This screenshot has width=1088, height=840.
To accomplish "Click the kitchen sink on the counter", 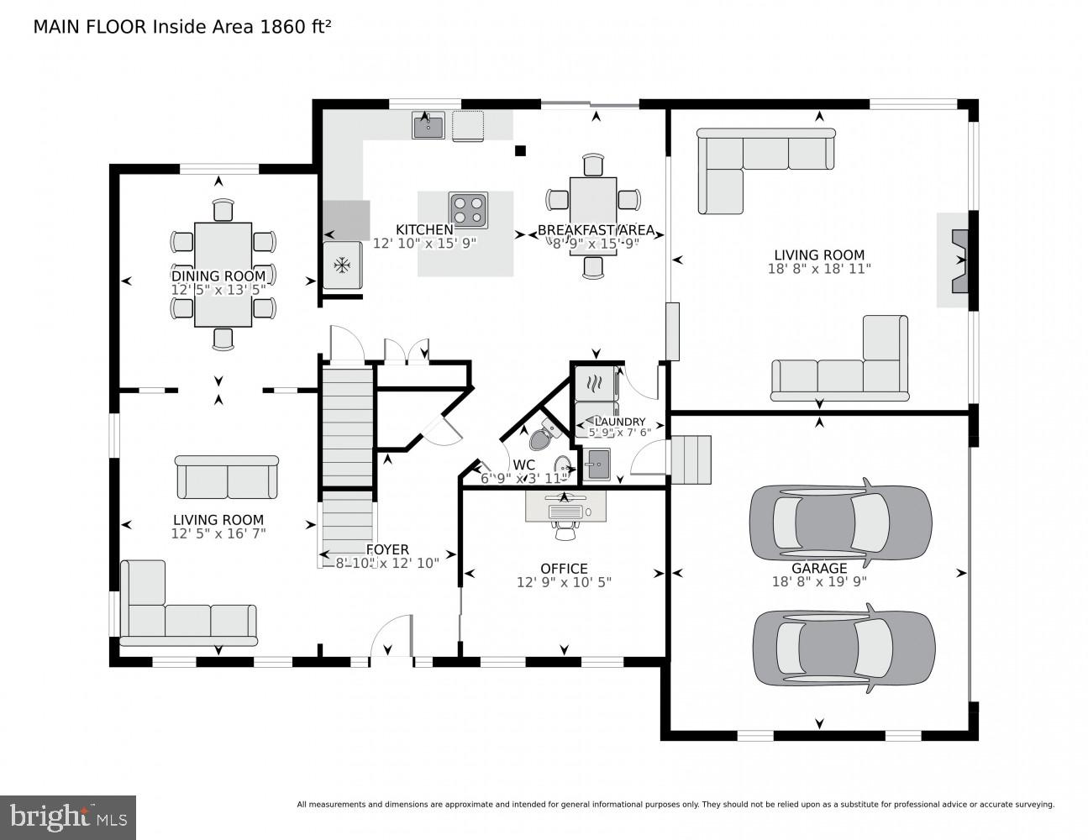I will pyautogui.click(x=428, y=126).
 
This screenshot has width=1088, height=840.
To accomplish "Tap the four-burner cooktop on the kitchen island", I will pyautogui.click(x=468, y=210).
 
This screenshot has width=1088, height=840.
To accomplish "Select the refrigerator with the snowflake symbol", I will pyautogui.click(x=342, y=265).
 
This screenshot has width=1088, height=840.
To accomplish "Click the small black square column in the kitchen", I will pyautogui.click(x=520, y=151).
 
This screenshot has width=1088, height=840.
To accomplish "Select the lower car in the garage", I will pyautogui.click(x=844, y=646).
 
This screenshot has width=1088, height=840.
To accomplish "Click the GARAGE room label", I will pyautogui.click(x=818, y=568).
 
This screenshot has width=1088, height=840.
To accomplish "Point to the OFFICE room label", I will pyautogui.click(x=564, y=569).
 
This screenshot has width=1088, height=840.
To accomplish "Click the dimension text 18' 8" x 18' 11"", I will pyautogui.click(x=819, y=269).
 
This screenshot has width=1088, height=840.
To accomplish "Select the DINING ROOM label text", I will pyautogui.click(x=218, y=276).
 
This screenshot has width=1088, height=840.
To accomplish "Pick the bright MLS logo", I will pyautogui.click(x=68, y=816).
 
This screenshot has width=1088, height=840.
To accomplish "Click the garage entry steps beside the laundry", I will pyautogui.click(x=691, y=459).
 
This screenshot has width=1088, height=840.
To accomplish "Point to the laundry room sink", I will pyautogui.click(x=598, y=463).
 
